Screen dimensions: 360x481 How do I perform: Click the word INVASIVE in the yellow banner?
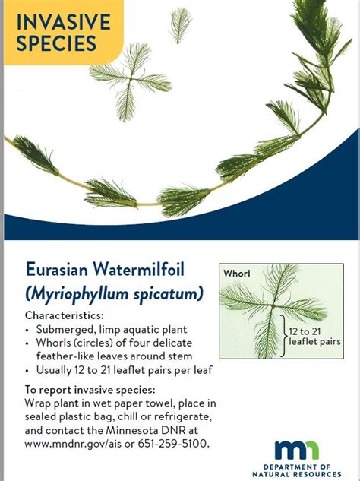pyautogui.click(x=63, y=22)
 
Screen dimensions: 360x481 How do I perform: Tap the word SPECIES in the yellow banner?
pyautogui.click(x=56, y=43)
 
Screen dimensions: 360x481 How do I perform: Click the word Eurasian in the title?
pyautogui.click(x=57, y=269)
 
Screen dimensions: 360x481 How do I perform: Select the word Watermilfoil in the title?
pyautogui.click(x=139, y=269)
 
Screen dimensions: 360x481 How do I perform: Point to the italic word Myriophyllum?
pyautogui.click(x=77, y=294)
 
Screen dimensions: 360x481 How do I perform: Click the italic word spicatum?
pyautogui.click(x=168, y=294)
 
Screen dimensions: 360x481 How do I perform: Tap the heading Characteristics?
pyautogui.click(x=65, y=315)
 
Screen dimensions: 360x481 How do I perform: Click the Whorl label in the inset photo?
pyautogui.click(x=237, y=273)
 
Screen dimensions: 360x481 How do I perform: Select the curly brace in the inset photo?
pyautogui.click(x=283, y=336)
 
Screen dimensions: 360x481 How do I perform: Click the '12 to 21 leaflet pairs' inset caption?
pyautogui.click(x=314, y=336)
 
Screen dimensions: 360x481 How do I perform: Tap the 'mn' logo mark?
pyautogui.click(x=297, y=450)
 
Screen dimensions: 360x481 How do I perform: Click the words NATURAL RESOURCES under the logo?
pyautogui.click(x=297, y=474)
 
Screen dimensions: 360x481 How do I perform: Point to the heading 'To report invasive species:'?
pyautogui.click(x=90, y=390)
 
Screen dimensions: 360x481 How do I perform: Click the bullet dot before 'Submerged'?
pyautogui.click(x=27, y=331)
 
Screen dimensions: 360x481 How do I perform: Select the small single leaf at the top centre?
pyautogui.click(x=181, y=25)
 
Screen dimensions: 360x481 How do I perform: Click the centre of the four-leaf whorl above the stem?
pyautogui.click(x=131, y=79)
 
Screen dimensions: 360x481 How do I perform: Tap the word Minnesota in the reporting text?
pyautogui.click(x=131, y=430)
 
